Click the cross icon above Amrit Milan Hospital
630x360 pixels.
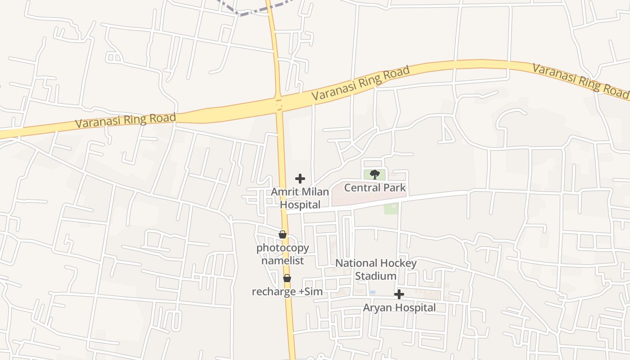300,179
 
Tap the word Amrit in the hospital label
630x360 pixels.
284,192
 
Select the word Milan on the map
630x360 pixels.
315,192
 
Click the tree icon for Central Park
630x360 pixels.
374,175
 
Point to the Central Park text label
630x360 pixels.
375,188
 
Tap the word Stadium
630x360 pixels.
376,276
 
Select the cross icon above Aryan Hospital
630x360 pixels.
399,295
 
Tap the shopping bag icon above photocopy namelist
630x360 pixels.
283,234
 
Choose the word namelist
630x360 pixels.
283,261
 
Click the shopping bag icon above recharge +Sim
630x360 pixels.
287,279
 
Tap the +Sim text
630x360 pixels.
311,292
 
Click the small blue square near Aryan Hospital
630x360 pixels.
373,292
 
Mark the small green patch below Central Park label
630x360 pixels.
391,208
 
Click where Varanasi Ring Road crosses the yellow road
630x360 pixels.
279,103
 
